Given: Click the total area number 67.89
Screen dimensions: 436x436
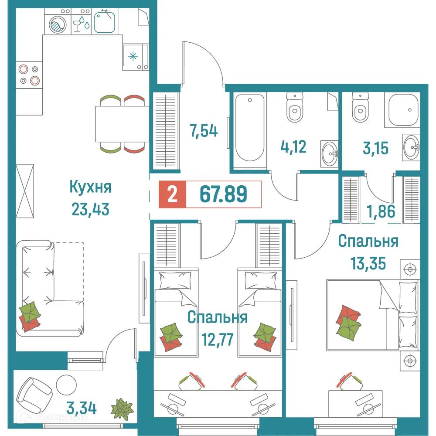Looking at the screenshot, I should tap(223, 194).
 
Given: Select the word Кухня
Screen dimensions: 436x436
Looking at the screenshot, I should tap(90, 188).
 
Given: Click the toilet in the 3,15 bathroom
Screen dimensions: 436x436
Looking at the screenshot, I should tap(360, 109).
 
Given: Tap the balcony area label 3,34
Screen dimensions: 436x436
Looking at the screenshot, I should tap(82, 409).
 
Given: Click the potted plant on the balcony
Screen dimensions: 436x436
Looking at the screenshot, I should tap(122, 409).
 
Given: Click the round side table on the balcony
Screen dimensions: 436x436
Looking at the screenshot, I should tap(66, 384).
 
